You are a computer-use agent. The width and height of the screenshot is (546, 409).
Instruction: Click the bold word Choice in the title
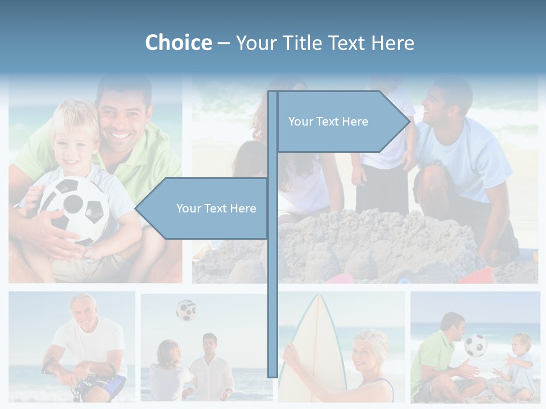coord(178,43)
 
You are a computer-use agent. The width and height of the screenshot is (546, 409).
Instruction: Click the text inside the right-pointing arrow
coord(328,122)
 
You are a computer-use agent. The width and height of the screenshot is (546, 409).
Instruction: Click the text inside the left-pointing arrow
coord(216,208)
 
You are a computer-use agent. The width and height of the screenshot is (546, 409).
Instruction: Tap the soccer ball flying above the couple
coord(186,310)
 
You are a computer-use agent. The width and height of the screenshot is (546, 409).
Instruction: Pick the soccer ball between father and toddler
coord(475,345)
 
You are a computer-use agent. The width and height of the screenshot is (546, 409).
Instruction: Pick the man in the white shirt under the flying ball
coord(210,369)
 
